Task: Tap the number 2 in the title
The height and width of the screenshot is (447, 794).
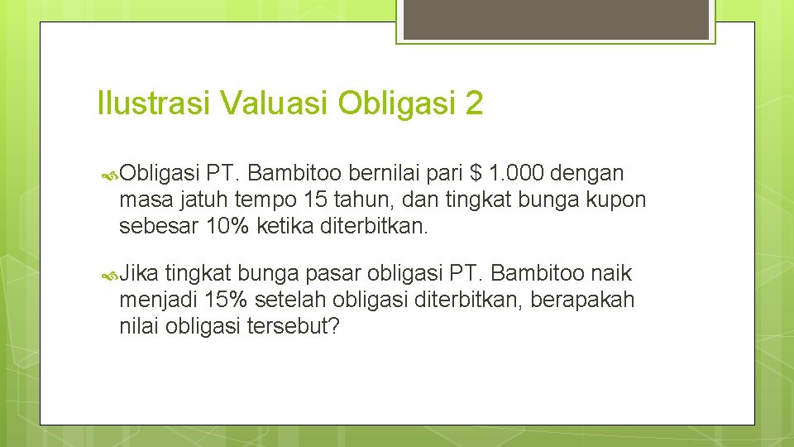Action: pyautogui.click(x=474, y=104)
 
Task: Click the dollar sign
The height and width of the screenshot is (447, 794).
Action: pyautogui.click(x=475, y=173)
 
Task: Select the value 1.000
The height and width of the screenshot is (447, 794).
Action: pyautogui.click(x=516, y=173)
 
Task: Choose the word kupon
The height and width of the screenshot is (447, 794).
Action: pyautogui.click(x=615, y=199)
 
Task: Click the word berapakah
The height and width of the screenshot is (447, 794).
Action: pyautogui.click(x=582, y=300)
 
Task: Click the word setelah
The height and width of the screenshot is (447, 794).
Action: pyautogui.click(x=285, y=300)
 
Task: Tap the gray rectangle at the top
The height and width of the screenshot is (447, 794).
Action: pyautogui.click(x=555, y=19)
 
